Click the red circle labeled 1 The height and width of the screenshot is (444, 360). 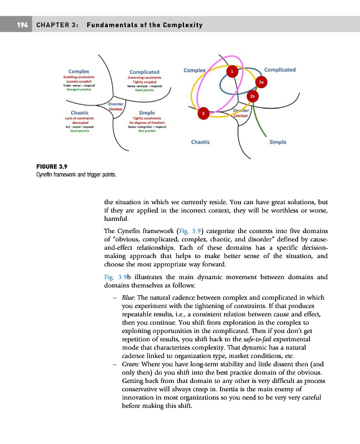(232, 72)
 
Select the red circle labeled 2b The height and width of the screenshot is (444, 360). (252, 97)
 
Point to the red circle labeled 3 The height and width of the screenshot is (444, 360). (203, 114)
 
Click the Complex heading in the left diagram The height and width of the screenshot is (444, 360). (78, 71)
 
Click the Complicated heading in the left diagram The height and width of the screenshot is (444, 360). (144, 72)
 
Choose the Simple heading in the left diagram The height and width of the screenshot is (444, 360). (147, 113)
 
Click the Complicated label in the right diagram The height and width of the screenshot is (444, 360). (280, 70)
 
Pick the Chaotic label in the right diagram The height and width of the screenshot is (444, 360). (200, 142)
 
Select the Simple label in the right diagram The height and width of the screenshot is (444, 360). (278, 142)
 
